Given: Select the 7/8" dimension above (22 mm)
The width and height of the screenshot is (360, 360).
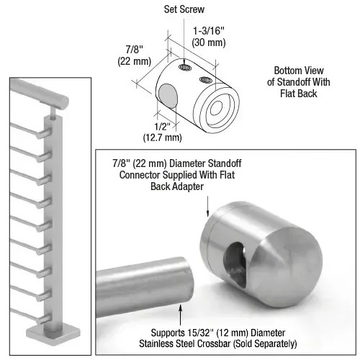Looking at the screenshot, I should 132,50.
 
